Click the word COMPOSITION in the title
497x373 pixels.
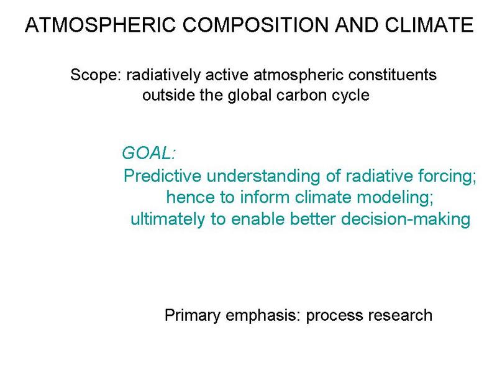point(256,25)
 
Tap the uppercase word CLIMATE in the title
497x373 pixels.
point(429,25)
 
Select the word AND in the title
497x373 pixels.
point(357,25)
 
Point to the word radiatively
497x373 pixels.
point(163,75)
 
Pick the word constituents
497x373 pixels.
point(393,75)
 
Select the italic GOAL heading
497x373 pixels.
point(148,153)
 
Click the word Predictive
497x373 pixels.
point(162,176)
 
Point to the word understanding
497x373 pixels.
point(263,177)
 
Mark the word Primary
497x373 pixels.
point(193,316)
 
